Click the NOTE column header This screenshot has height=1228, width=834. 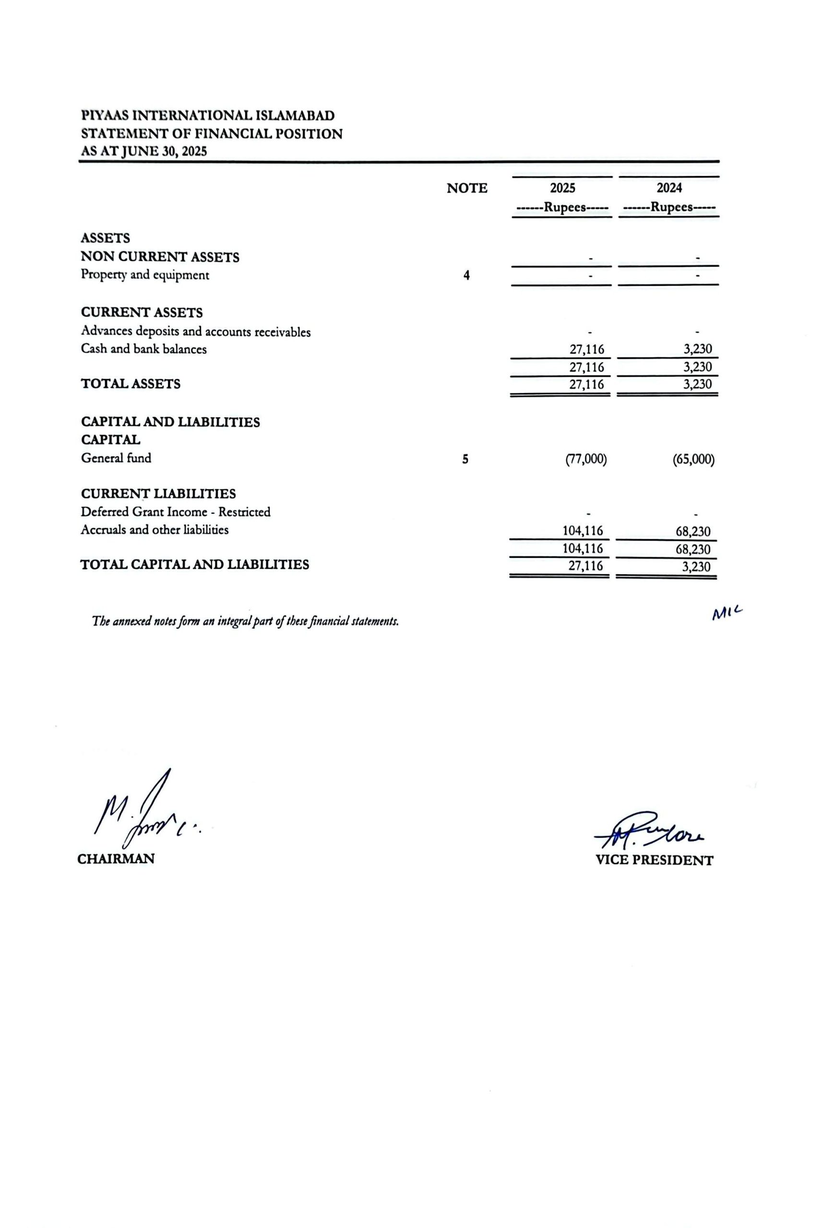[x=467, y=188]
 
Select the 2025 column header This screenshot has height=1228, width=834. [x=562, y=188]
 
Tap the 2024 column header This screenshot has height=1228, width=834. [x=668, y=188]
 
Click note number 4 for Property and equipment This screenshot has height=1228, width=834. [x=466, y=275]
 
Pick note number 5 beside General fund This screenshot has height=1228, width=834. [x=465, y=459]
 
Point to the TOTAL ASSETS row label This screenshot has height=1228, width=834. [x=131, y=384]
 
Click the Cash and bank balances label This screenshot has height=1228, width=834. [x=144, y=349]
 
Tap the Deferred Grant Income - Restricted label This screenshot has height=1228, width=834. [x=176, y=512]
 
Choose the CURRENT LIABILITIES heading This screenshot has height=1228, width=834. [x=158, y=494]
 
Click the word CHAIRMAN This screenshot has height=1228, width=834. [x=116, y=859]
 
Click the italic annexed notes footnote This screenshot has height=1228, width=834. [x=245, y=621]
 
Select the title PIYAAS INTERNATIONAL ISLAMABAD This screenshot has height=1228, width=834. [x=208, y=115]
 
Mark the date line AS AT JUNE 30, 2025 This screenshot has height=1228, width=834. [x=144, y=152]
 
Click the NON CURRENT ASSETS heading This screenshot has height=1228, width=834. [x=160, y=257]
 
